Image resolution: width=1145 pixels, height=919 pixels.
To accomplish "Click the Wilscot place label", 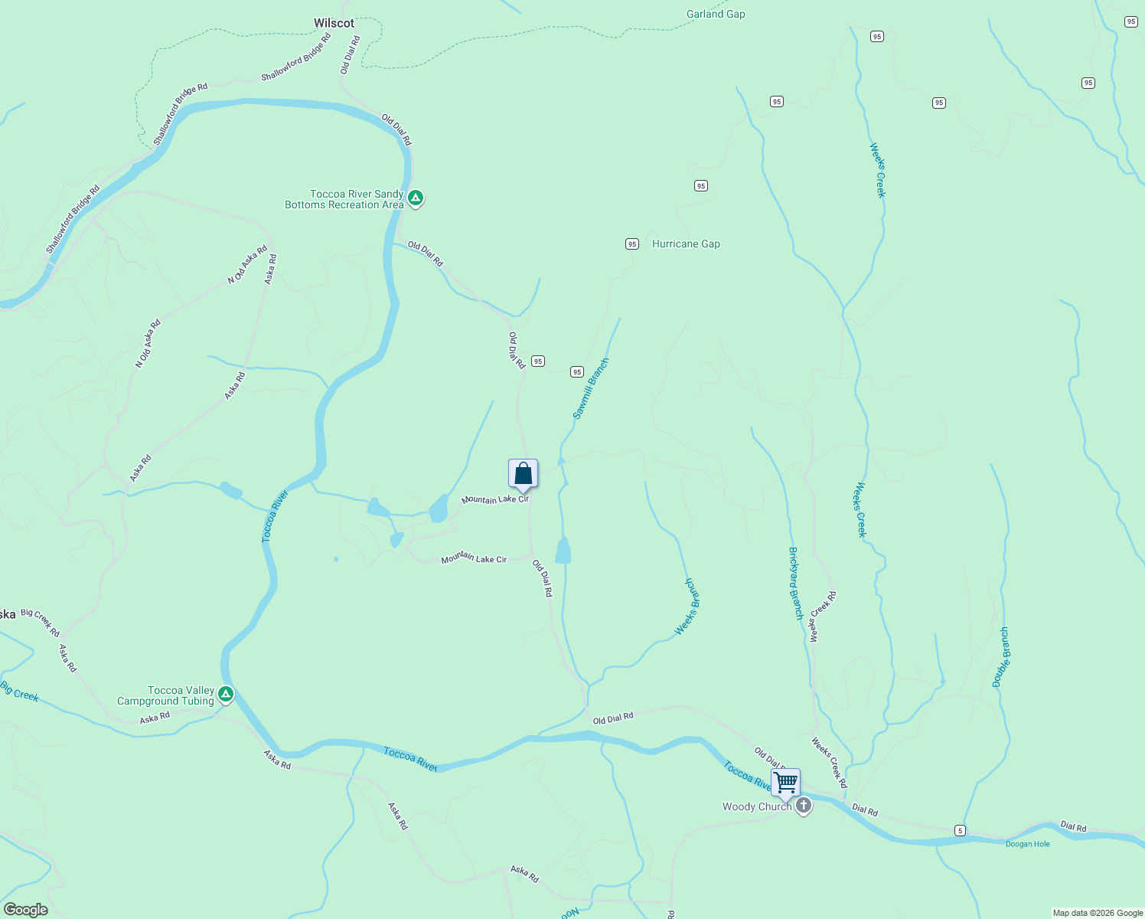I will coord(334,24).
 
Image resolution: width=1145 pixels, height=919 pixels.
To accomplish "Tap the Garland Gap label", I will coord(715,14).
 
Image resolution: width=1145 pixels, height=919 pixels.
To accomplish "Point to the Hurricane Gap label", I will coord(686,244).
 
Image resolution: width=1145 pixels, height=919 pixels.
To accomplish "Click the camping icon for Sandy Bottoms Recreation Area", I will coord(415,198).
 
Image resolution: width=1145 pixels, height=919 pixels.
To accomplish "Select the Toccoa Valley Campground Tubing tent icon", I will coord(225,695).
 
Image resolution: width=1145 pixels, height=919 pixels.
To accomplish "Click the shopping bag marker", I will coord(524,474).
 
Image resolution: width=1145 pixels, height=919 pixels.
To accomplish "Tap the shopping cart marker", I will coord(785,783).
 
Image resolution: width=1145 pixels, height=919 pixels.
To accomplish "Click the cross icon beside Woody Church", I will coord(804,806).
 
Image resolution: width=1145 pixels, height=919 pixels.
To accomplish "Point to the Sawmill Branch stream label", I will coord(591,388).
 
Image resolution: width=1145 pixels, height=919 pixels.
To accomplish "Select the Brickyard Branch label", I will coord(796,584).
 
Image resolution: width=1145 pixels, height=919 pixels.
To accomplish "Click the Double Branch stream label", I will coord(1000,657).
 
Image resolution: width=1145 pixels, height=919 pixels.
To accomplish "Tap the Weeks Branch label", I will coord(687,607).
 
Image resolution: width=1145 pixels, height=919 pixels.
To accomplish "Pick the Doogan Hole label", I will coord(1027,844).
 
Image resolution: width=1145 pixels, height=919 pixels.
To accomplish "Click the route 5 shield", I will coord(960,830).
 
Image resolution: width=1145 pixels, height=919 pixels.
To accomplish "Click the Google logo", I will coord(25,910).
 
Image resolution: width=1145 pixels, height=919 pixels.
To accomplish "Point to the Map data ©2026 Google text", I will coord(1097,913).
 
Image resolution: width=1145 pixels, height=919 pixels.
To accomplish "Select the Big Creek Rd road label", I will coord(41,623).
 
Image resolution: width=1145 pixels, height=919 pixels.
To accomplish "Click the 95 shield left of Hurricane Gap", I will coord(631,244).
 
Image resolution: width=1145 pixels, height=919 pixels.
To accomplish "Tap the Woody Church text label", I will coord(756,806).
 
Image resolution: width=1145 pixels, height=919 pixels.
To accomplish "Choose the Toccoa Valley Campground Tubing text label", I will coord(165,695).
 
